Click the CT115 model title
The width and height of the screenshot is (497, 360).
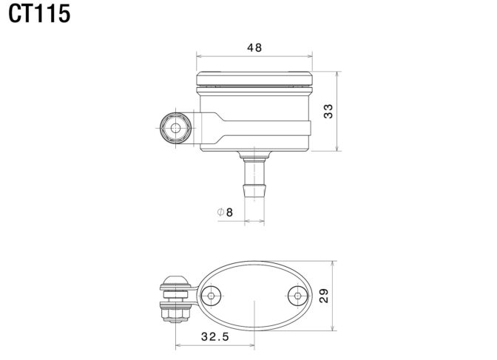39,14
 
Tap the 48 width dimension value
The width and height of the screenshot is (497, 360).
254,47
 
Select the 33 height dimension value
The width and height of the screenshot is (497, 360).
328,111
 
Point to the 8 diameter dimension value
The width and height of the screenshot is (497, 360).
229,212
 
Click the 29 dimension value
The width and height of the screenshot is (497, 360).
324,296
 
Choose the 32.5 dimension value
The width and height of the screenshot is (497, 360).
215,336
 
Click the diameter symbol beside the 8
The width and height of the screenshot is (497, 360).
220,211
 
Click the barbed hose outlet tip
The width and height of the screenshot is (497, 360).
254,191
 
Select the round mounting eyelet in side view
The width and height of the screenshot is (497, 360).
175,129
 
